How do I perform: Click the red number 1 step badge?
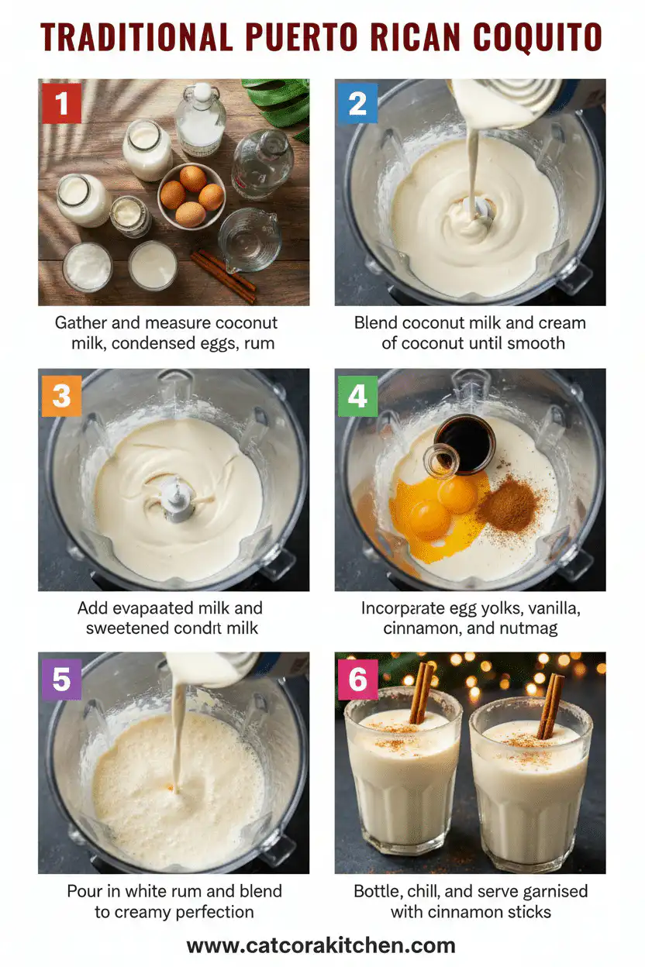click(61, 104)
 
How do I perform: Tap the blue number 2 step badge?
click(357, 104)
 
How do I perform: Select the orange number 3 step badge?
click(61, 395)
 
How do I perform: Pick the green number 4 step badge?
click(357, 395)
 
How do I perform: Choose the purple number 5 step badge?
click(61, 679)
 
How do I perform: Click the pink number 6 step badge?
click(357, 679)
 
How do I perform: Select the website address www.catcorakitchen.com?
click(321, 945)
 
